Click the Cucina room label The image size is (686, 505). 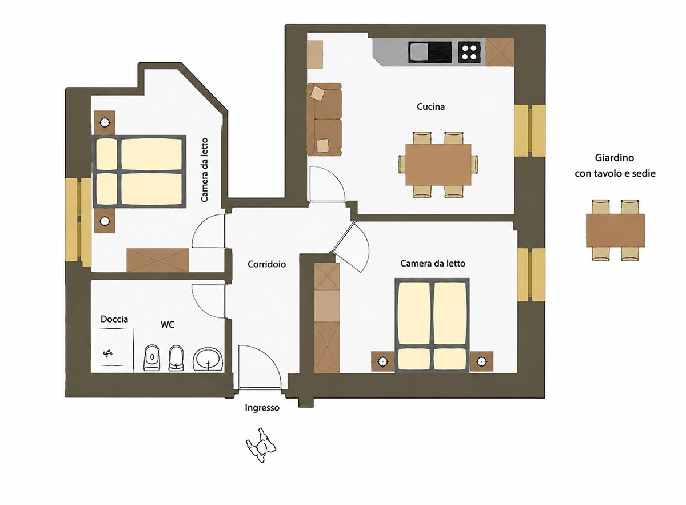[430, 106]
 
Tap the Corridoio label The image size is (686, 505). [266, 264]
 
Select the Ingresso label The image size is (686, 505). [262, 408]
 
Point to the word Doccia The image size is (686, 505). [114, 319]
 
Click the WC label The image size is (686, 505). [167, 324]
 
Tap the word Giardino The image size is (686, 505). [615, 158]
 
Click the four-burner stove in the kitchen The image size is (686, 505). [469, 52]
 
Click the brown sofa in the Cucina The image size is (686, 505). [324, 119]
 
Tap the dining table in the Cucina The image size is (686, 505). [438, 165]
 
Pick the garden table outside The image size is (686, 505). [616, 230]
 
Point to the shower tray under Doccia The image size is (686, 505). [113, 351]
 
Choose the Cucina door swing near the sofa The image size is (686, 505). [327, 184]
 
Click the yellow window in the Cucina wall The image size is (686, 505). [530, 131]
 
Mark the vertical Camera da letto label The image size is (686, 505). [204, 170]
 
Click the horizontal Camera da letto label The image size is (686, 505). [433, 264]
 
